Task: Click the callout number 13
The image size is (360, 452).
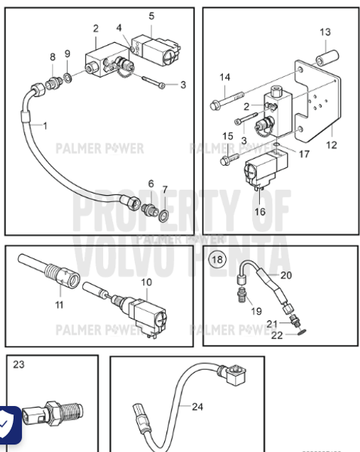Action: [x=325, y=32]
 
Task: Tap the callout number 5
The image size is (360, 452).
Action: [x=151, y=16]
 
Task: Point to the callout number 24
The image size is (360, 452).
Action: [x=197, y=408]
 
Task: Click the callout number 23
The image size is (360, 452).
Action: [x=19, y=365]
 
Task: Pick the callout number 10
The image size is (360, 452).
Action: [x=145, y=282]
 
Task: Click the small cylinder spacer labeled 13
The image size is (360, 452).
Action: [x=325, y=58]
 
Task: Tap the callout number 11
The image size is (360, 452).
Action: [x=59, y=305]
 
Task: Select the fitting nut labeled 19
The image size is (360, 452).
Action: [x=242, y=293]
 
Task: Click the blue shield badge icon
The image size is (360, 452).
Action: [x=8, y=426]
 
